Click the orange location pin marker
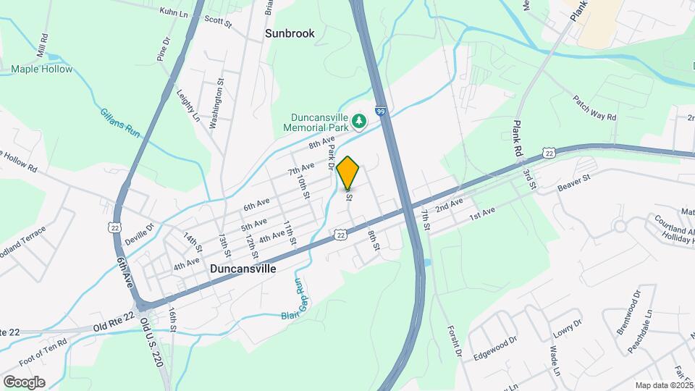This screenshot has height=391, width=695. [348, 172]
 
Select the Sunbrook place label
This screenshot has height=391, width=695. [290, 33]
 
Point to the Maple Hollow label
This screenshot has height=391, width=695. [42, 70]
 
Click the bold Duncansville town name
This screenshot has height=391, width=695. [243, 268]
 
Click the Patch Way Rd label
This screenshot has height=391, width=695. [594, 107]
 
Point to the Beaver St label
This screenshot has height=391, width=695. [576, 186]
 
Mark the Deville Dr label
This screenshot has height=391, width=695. [140, 229]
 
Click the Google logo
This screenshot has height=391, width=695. [25, 382]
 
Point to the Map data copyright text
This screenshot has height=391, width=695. [664, 385]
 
